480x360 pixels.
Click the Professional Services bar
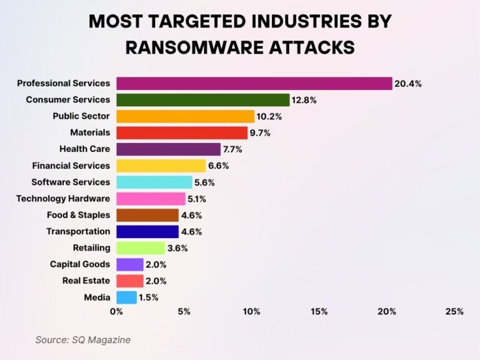[254, 83]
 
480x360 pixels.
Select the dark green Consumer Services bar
[203, 100]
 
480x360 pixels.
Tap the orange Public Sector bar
[186, 116]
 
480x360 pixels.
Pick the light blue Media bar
[126, 297]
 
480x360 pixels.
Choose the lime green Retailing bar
[141, 248]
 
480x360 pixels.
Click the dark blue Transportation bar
[147, 232]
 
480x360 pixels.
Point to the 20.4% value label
[407, 83]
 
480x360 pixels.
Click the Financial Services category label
[71, 166]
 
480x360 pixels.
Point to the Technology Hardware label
[63, 199]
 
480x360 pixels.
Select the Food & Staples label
[78, 215]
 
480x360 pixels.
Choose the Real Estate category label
[86, 281]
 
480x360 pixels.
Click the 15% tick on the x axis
[319, 311]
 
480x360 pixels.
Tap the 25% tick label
[454, 311]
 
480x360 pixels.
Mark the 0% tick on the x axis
[116, 311]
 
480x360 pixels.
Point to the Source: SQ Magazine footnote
[83, 340]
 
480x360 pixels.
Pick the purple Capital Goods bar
[130, 264]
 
